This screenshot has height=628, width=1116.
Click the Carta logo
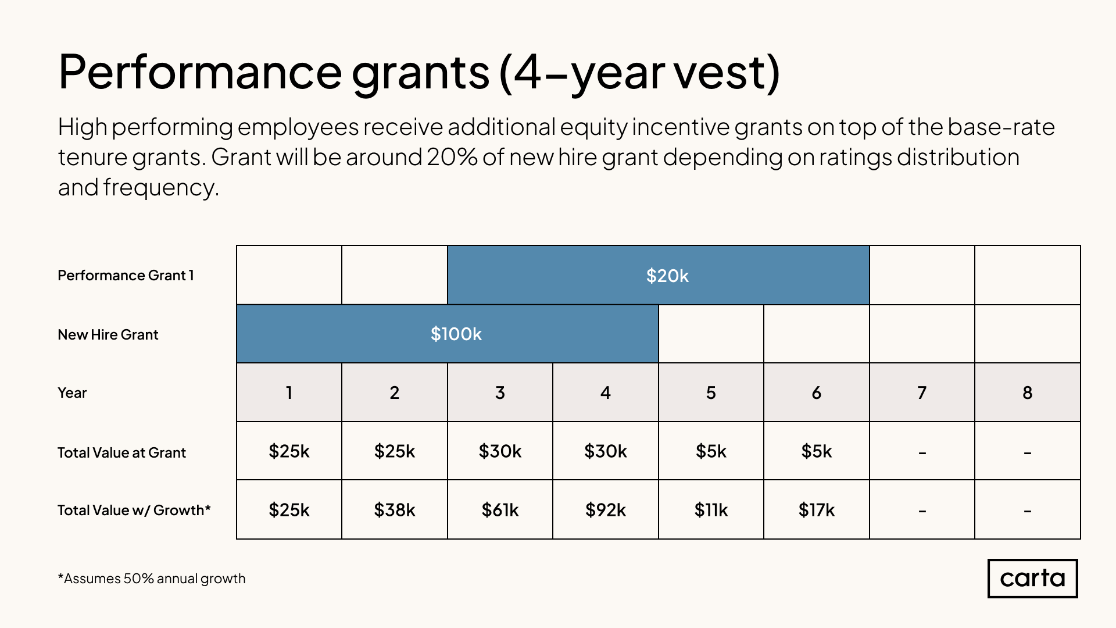(1032, 578)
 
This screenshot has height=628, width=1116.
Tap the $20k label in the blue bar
(667, 276)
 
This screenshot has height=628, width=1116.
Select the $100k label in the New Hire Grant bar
(456, 334)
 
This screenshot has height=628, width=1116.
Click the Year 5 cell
(711, 392)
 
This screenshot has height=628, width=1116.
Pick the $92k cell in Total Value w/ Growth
(605, 510)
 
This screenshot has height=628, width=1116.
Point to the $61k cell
(500, 510)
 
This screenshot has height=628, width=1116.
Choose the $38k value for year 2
(394, 510)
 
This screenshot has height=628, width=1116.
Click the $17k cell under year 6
(816, 510)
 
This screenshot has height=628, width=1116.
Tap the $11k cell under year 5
(711, 510)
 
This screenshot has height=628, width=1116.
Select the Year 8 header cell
(1027, 392)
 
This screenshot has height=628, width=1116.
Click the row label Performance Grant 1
(126, 275)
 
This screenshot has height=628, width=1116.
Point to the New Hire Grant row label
(108, 334)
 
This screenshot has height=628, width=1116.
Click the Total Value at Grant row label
(121, 452)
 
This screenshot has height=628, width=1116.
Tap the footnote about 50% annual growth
(152, 579)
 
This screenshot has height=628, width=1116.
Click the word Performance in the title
(200, 72)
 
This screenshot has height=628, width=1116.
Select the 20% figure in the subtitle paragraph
(452, 157)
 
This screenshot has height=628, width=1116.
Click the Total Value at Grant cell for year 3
(500, 451)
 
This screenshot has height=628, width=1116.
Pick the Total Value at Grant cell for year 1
(289, 451)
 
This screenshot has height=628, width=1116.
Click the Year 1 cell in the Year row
(289, 392)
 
